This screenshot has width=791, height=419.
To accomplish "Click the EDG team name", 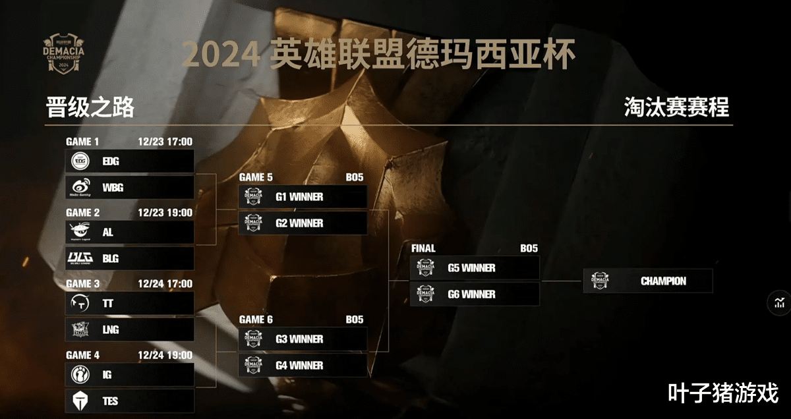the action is pyautogui.click(x=111, y=161).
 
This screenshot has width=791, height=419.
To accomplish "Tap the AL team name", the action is pyautogui.click(x=108, y=233).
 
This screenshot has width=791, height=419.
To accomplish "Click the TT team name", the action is pyautogui.click(x=108, y=304).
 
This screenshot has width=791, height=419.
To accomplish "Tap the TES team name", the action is pyautogui.click(x=110, y=401).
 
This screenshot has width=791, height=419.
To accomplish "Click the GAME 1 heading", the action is pyautogui.click(x=82, y=142).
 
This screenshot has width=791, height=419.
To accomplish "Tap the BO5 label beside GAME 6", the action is pyautogui.click(x=354, y=320).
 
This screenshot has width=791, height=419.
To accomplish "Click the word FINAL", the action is pyautogui.click(x=423, y=248).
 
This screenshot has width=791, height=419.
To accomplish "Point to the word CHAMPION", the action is pyautogui.click(x=663, y=281).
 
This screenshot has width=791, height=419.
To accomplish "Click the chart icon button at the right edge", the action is pyautogui.click(x=780, y=302).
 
